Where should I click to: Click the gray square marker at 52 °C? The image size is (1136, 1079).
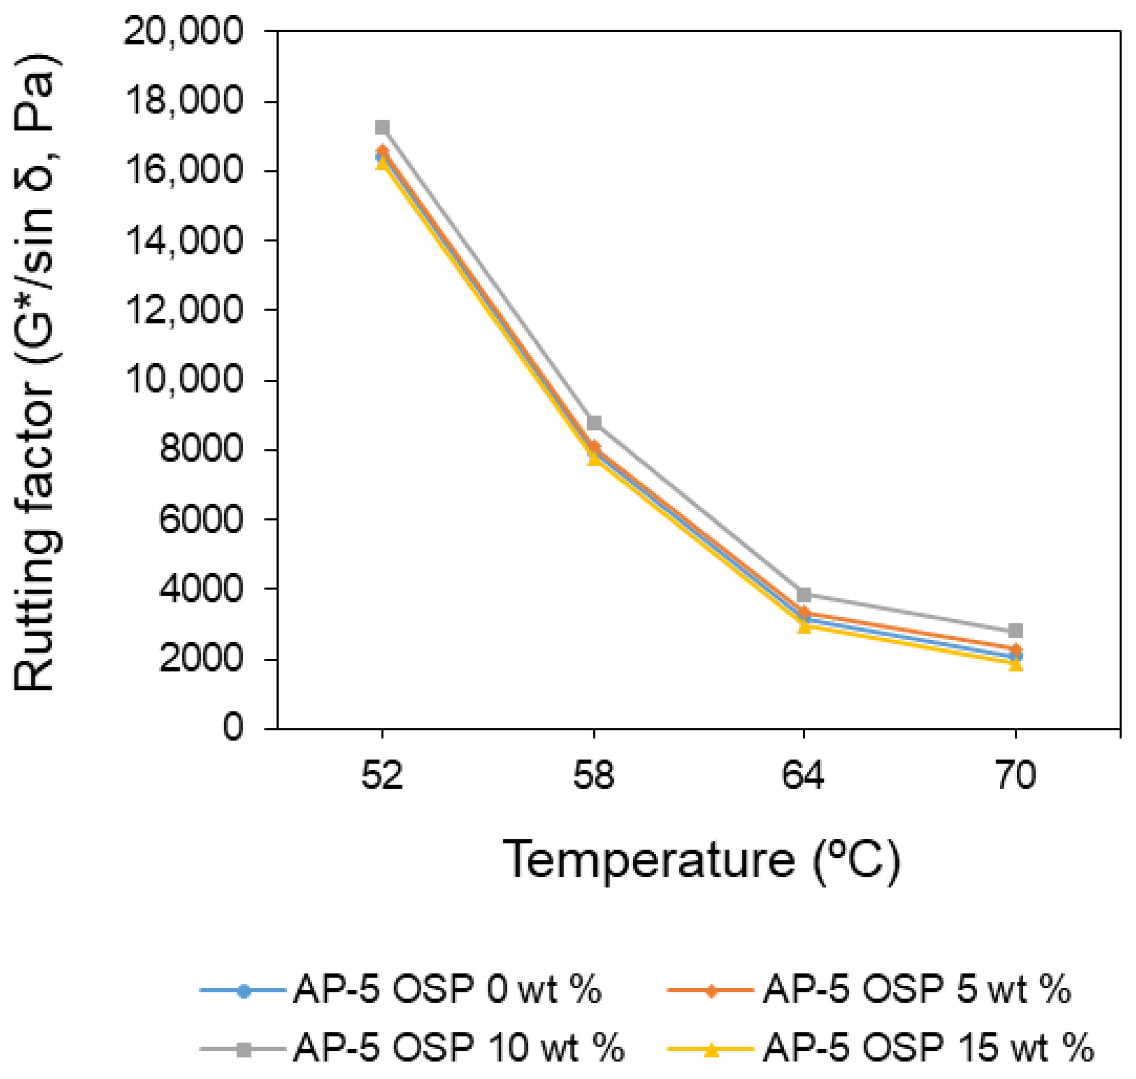pos(382,127)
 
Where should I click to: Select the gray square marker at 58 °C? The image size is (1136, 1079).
pos(594,423)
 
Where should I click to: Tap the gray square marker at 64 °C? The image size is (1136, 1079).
pos(804,594)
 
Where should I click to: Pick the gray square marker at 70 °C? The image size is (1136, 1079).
pos(1016,630)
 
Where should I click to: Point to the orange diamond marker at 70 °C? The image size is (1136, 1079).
pos(1016,649)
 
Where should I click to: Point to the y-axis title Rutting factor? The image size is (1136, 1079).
pos(35,374)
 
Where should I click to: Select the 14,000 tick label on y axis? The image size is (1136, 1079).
pos(183,240)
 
